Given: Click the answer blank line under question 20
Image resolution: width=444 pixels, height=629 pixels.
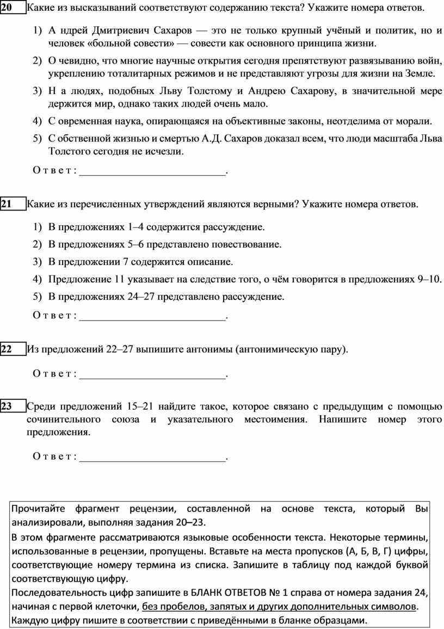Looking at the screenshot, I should (152, 174).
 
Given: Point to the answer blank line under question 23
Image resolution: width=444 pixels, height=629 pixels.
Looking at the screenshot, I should (152, 460).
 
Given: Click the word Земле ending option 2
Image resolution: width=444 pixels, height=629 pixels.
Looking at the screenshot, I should (423, 72).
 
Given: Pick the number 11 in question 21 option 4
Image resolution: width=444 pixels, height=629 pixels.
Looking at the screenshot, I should (120, 280).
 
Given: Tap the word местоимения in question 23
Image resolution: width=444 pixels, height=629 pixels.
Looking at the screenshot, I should (268, 420).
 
